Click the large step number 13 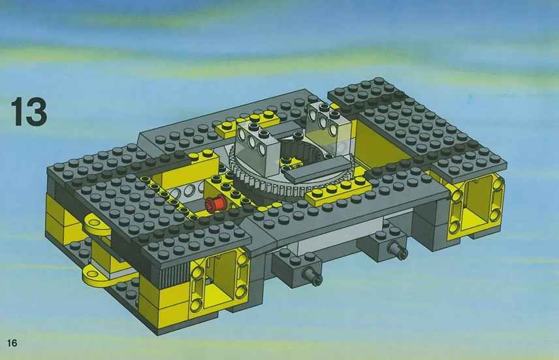click(29, 112)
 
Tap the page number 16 click(11, 343)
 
